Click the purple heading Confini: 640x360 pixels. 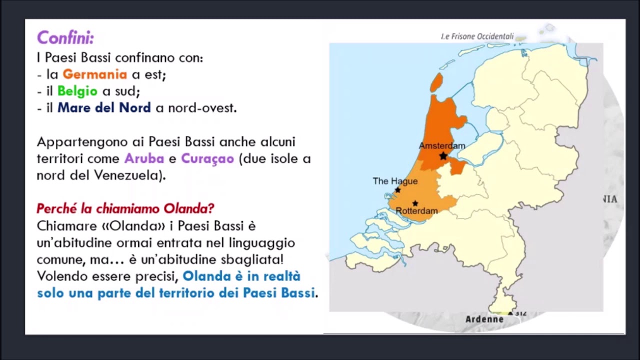(x=65, y=37)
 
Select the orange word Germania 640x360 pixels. (x=94, y=74)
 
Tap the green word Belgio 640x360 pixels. (x=77, y=91)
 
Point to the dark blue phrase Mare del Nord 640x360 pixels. (x=104, y=107)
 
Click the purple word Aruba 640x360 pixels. (x=144, y=158)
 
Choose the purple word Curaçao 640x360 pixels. (x=207, y=158)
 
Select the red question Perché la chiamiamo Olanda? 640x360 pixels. (x=125, y=208)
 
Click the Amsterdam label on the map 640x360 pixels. (x=442, y=145)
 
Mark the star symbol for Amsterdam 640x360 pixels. (x=443, y=156)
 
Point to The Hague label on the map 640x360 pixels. (x=395, y=181)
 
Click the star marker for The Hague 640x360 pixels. (x=397, y=190)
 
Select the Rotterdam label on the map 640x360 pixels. (x=416, y=211)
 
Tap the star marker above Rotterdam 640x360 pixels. (x=415, y=203)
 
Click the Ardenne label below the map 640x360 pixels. (x=484, y=319)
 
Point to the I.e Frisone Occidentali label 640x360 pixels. (x=477, y=36)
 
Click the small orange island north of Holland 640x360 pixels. (x=436, y=82)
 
